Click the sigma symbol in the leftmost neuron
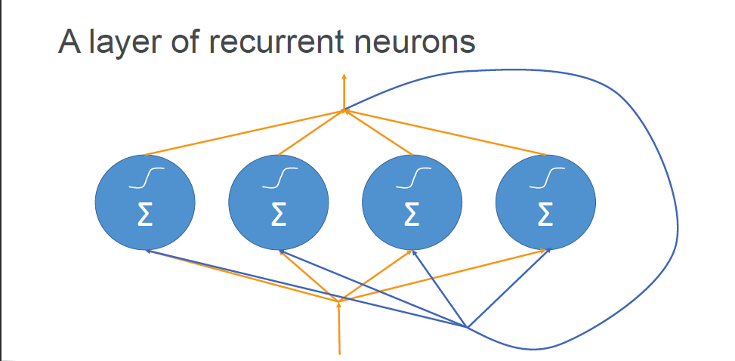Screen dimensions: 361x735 [x=146, y=215]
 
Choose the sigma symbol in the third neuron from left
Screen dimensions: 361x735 [x=412, y=215]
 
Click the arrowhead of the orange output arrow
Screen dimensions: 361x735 [x=344, y=76]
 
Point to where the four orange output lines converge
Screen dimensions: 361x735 [x=344, y=111]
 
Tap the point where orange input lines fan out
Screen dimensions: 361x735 [x=338, y=301]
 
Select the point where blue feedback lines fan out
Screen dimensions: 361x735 [x=468, y=328]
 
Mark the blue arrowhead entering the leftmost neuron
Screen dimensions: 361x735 [x=148, y=250]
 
